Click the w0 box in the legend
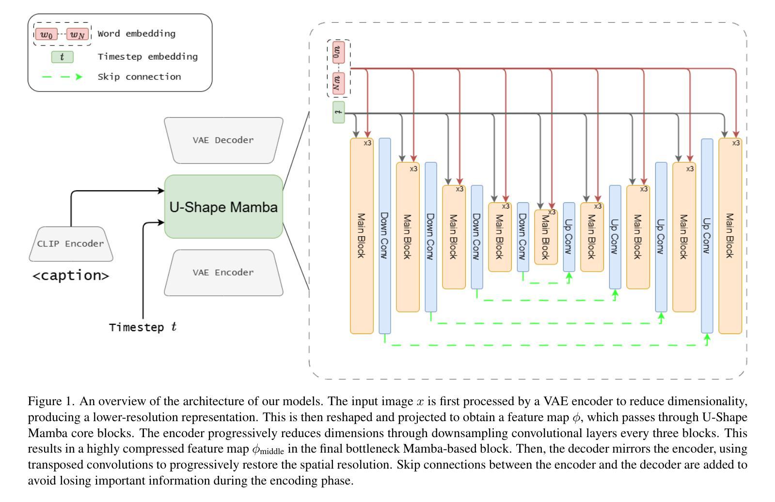pyautogui.click(x=47, y=34)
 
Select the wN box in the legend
pyautogui.click(x=77, y=34)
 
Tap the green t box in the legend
pyautogui.click(x=62, y=57)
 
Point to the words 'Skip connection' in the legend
pyautogui.click(x=139, y=76)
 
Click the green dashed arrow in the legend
pyautogui.click(x=62, y=76)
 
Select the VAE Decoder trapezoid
pyautogui.click(x=223, y=140)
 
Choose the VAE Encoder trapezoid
pyautogui.click(x=223, y=273)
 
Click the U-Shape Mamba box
pyautogui.click(x=223, y=207)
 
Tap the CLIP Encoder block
pyautogui.click(x=71, y=244)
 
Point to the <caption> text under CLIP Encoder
pyautogui.click(x=71, y=275)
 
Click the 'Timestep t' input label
pyautogui.click(x=142, y=327)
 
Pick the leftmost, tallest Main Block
pyautogui.click(x=362, y=236)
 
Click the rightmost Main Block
pyautogui.click(x=730, y=236)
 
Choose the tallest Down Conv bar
pyautogui.click(x=385, y=236)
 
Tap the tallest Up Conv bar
pyautogui.click(x=707, y=236)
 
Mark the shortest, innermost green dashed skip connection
pyautogui.click(x=546, y=283)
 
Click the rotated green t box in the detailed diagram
pyautogui.click(x=339, y=112)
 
